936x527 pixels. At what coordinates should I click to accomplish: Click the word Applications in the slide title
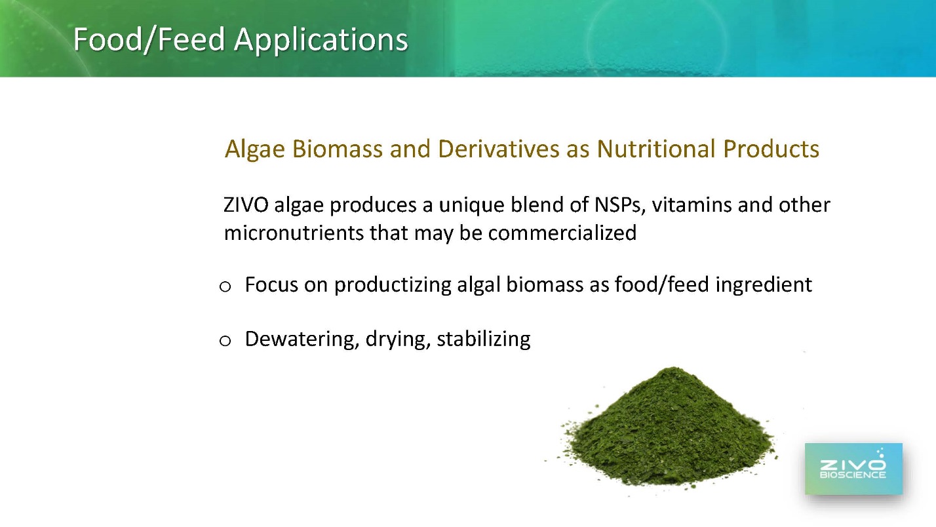pyautogui.click(x=321, y=41)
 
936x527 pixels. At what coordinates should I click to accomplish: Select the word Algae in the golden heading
pyautogui.click(x=254, y=150)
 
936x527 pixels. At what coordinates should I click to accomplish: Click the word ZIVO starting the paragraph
pyautogui.click(x=246, y=205)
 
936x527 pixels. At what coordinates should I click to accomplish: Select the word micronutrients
pyautogui.click(x=294, y=233)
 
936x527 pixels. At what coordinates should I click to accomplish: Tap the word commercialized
pyautogui.click(x=562, y=233)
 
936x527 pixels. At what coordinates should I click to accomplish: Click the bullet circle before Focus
pyautogui.click(x=225, y=286)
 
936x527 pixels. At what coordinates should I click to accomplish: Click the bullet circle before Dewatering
pyautogui.click(x=225, y=341)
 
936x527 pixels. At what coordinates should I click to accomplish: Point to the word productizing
pyautogui.click(x=393, y=285)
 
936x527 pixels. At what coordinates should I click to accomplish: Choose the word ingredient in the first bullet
pyautogui.click(x=764, y=285)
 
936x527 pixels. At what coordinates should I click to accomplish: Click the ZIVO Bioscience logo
pyautogui.click(x=853, y=469)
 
